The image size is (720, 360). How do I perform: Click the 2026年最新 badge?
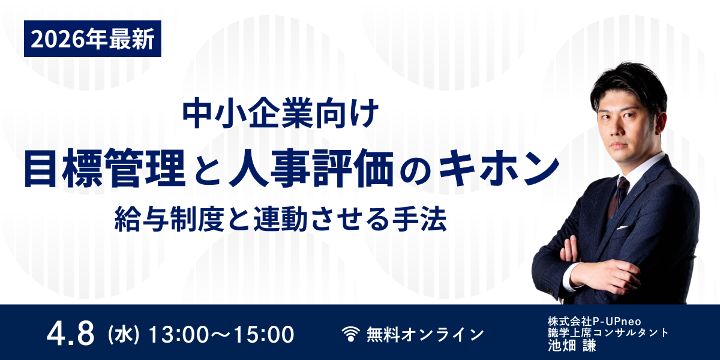tap(92, 40)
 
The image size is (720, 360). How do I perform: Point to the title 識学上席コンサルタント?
tap(607, 332)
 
